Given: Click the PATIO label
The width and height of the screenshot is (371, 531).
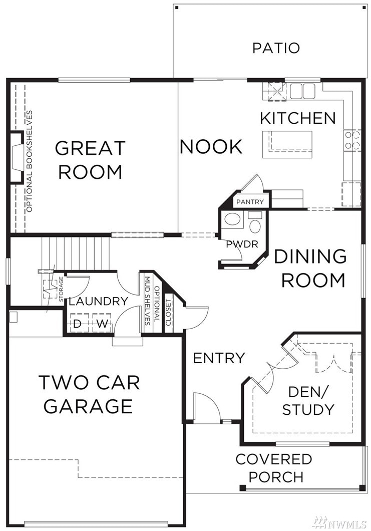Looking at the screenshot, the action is [276, 48].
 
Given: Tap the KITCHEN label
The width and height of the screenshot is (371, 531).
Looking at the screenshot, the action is [298, 118].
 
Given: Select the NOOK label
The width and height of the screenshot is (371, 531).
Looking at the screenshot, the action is [211, 147].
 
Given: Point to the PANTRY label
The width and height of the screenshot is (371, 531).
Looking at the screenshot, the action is [250, 202].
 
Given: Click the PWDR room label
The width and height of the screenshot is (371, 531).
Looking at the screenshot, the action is [242, 244].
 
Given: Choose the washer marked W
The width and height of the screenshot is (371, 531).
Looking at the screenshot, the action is [102, 324].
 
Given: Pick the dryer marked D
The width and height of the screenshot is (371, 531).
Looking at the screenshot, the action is [79, 324].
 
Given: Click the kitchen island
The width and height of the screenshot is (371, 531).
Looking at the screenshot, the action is [287, 145].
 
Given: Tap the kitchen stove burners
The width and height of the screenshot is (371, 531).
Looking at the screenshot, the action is [352, 141].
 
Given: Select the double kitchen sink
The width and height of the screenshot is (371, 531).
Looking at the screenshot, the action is [302, 91].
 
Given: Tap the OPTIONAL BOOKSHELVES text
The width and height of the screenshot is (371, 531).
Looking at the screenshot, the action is [30, 161].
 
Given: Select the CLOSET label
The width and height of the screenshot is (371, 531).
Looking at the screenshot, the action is [168, 313].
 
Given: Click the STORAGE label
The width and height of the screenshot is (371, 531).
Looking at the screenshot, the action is [61, 289].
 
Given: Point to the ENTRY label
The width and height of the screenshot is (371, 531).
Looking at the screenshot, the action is [219, 358].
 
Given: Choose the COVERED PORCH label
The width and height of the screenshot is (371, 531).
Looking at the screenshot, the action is [273, 468].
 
